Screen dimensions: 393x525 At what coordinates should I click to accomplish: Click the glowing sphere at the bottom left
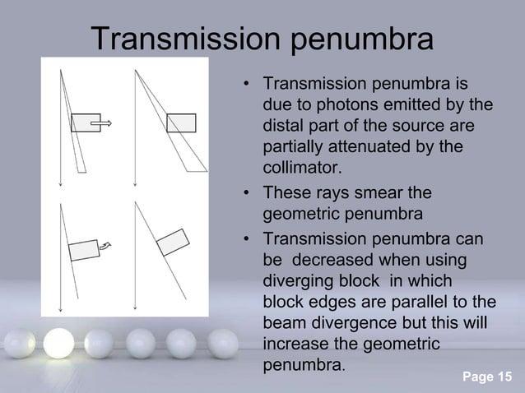click(59, 341)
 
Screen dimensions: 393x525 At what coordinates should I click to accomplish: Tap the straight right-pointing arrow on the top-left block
click(104, 123)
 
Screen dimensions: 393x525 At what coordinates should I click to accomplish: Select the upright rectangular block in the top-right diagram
click(181, 123)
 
